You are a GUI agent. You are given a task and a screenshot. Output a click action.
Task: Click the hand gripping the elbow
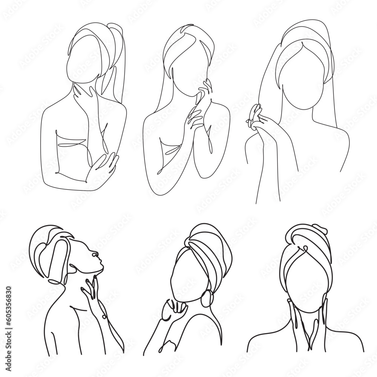pyautogui.click(x=103, y=164)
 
